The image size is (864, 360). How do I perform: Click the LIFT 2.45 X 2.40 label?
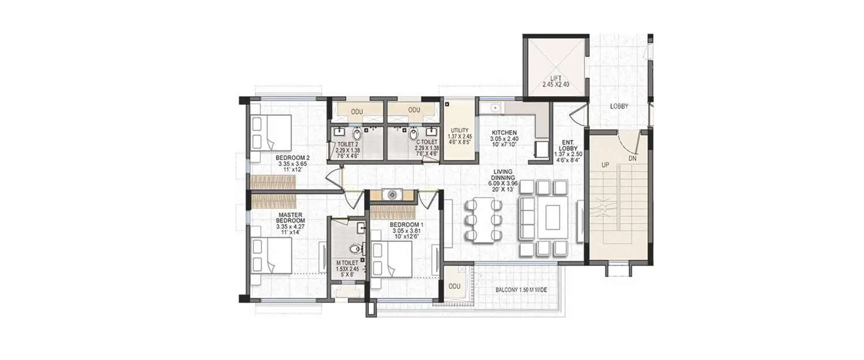coord(555,81)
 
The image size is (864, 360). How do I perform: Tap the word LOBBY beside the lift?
coord(619,107)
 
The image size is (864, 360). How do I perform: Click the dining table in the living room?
coord(483,219)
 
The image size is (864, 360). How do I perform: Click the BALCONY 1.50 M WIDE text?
coord(520,290)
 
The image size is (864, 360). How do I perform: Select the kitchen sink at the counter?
coord(494,108)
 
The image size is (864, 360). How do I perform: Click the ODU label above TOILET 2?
coord(357,111)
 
